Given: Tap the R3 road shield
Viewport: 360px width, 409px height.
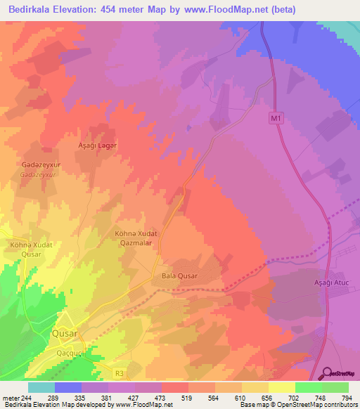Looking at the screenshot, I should tap(117, 356).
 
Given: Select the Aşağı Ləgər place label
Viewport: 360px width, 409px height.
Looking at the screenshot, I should tap(96, 144).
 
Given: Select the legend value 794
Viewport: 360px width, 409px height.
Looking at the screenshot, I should tap(347, 397).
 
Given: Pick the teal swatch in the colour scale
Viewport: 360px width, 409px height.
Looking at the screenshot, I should tap(41, 387).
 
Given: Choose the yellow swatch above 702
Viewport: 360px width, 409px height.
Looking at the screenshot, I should tap(282, 387).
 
